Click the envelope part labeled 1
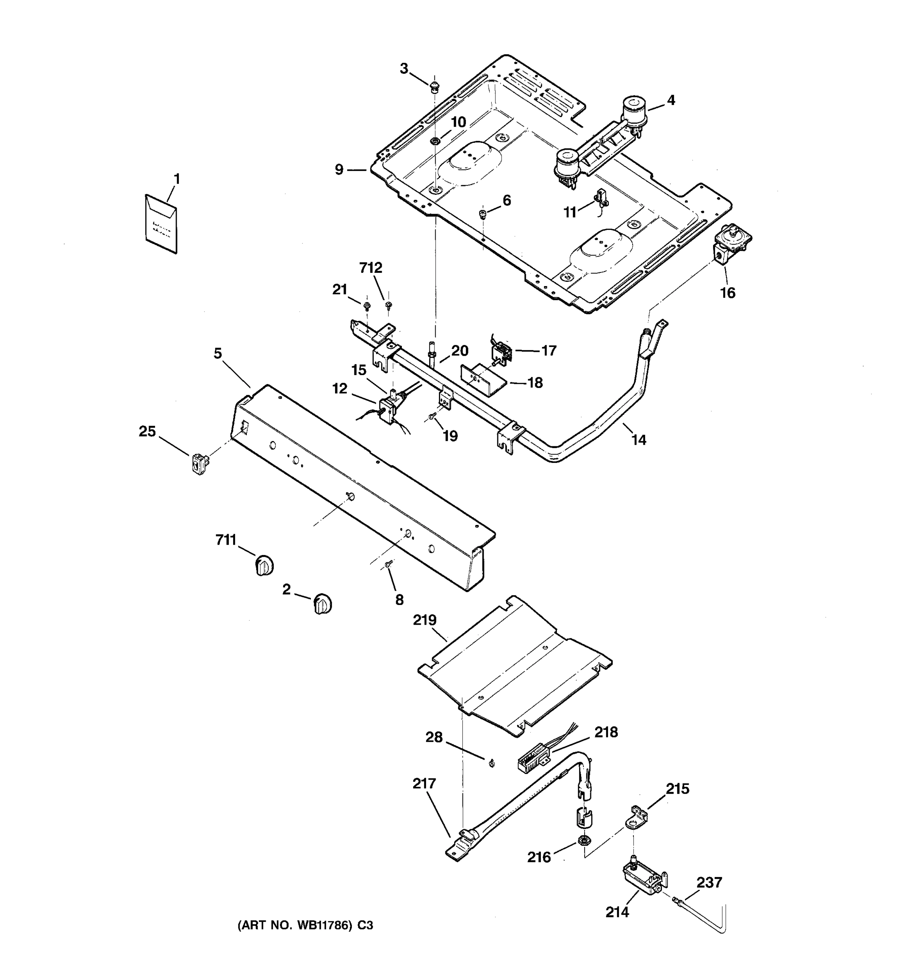click(x=161, y=224)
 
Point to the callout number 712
click(x=370, y=268)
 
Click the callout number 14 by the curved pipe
click(x=638, y=440)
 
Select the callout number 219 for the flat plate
click(x=425, y=621)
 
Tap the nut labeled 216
click(x=581, y=840)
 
